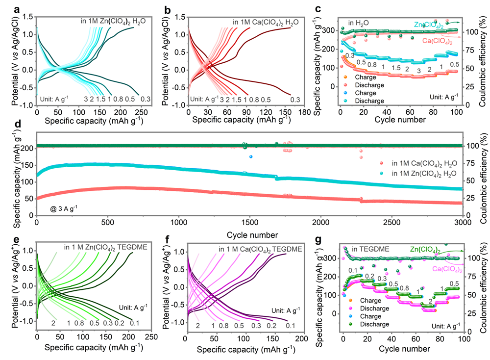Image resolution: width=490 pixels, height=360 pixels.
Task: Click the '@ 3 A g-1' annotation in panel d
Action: [x=64, y=208]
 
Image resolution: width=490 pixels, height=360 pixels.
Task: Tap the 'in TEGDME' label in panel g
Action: [x=365, y=249]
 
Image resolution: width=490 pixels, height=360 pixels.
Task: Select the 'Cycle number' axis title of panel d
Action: [x=249, y=234]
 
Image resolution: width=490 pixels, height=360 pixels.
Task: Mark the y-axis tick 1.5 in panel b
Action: [x=179, y=17]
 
